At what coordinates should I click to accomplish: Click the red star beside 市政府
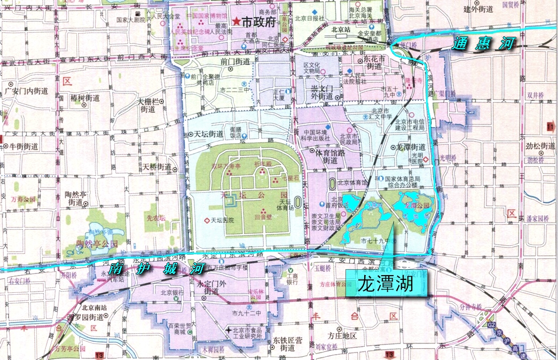tap(237, 22)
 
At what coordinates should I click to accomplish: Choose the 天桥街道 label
tap(156, 167)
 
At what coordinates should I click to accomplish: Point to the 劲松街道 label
tap(540, 146)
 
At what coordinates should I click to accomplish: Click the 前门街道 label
tap(235, 62)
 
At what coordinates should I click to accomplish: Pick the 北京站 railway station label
tap(340, 30)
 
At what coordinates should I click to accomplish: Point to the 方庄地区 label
tap(342, 336)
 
